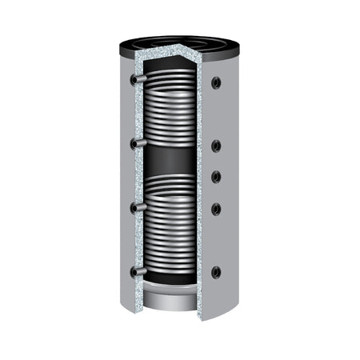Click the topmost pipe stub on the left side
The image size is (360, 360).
[137, 80]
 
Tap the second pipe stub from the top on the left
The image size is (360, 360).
[137, 144]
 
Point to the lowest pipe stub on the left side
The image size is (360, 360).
[137, 272]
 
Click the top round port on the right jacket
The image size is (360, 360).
[216, 82]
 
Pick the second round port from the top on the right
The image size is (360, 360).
[216, 146]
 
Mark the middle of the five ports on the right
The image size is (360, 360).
[216, 177]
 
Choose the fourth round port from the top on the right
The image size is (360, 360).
[216, 209]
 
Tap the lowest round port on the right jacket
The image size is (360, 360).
[216, 272]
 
